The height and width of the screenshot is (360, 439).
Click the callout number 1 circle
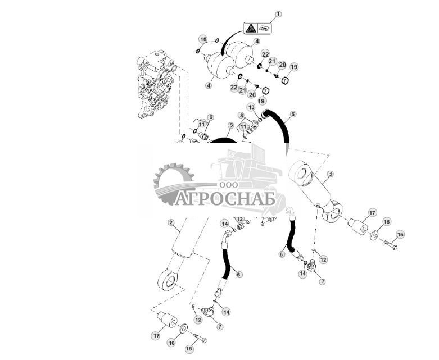278,14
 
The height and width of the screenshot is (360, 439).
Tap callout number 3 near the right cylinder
331,175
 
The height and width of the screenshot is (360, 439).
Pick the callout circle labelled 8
241,115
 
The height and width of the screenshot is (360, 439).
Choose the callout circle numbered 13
251,107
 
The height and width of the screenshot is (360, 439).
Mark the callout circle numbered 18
203,38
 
